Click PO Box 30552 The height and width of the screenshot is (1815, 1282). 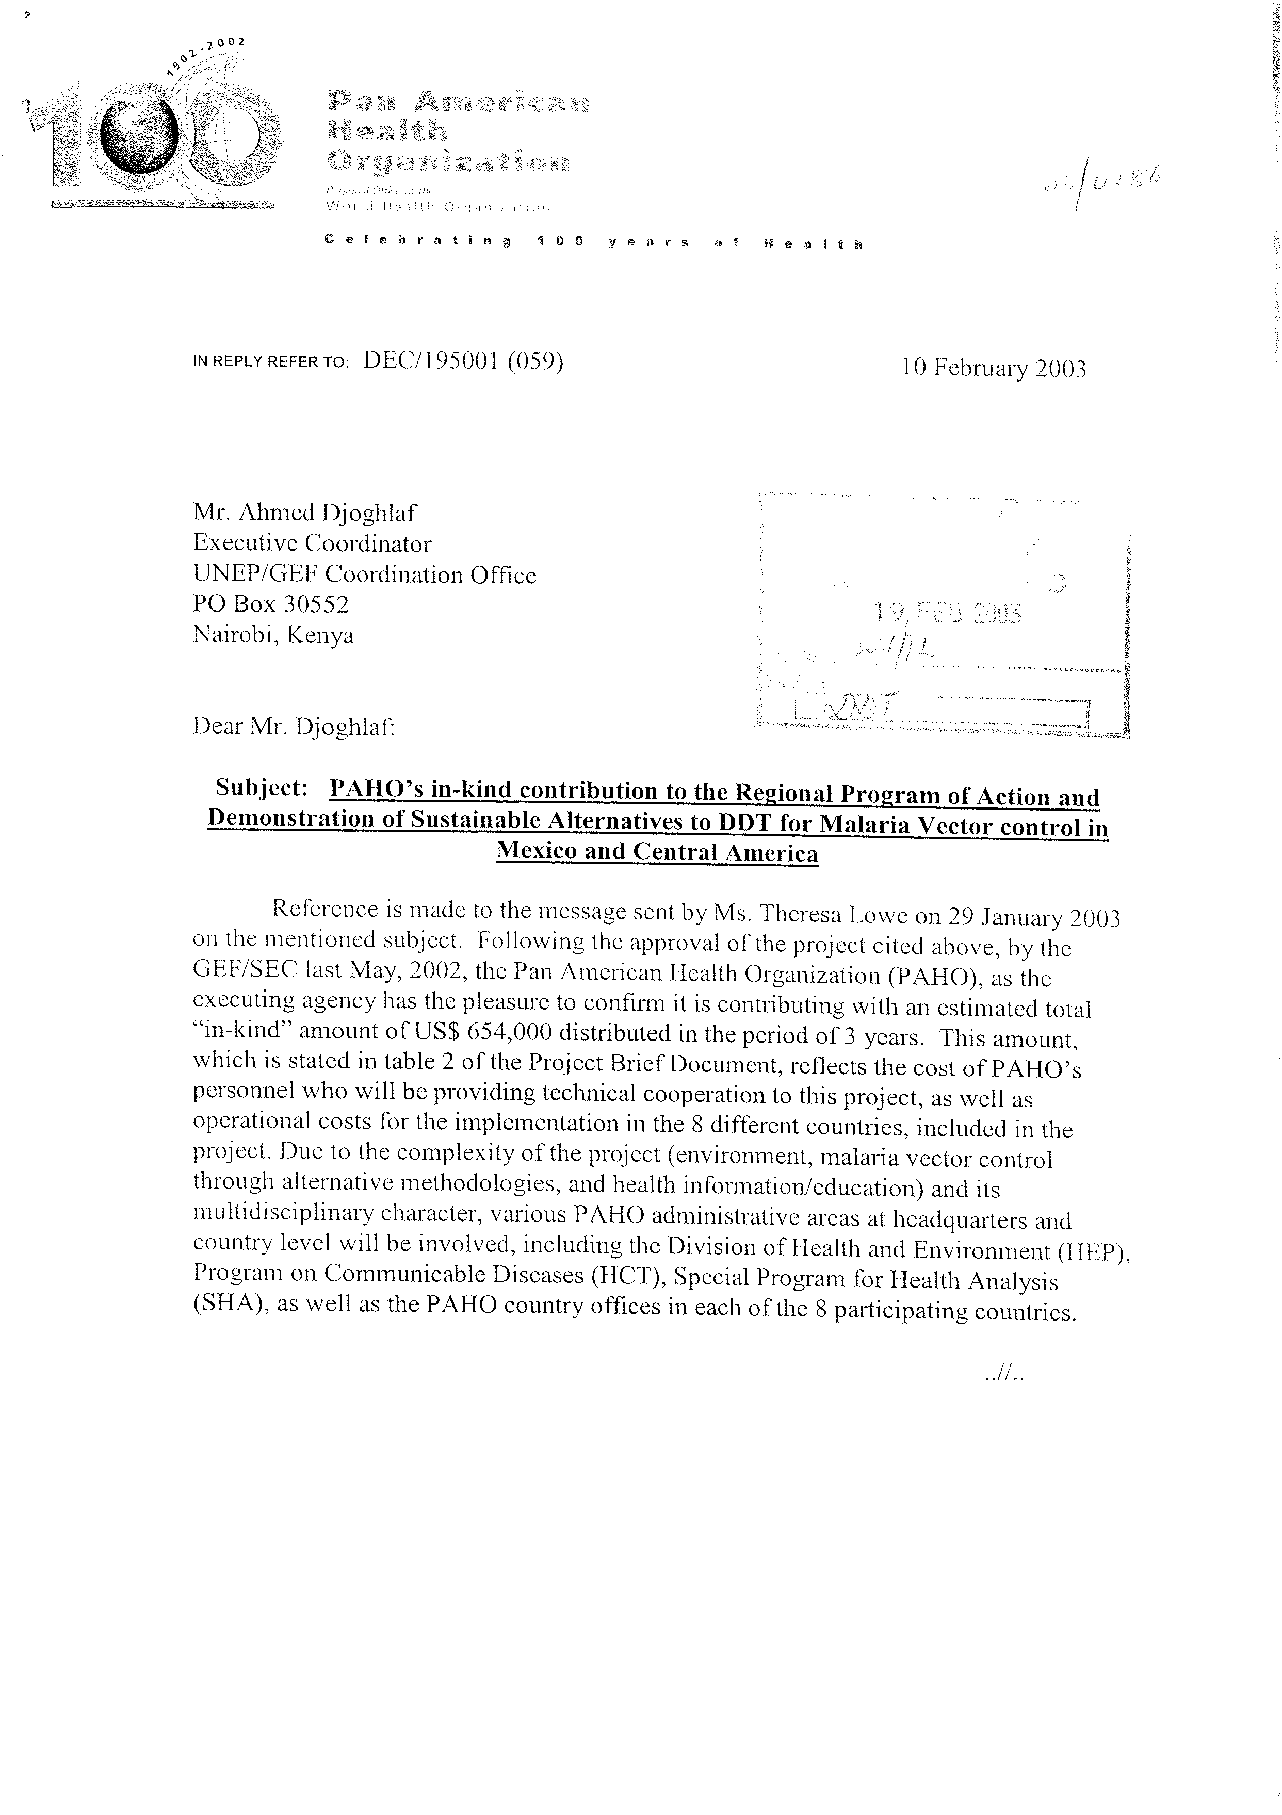coord(270,605)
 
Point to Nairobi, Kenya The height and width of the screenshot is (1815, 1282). coord(273,635)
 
